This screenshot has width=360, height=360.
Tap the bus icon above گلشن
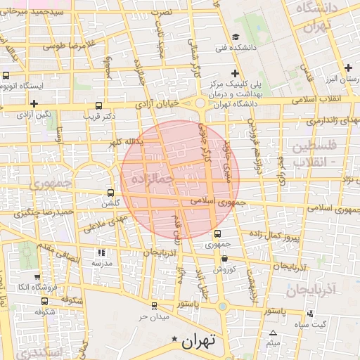point(110,193)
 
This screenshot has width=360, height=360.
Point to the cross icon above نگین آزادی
point(33,103)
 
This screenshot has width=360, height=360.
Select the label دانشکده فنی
point(211,48)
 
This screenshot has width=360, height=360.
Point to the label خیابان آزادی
point(161,103)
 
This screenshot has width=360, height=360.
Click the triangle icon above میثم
point(273,333)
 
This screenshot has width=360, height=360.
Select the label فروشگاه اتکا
point(33,286)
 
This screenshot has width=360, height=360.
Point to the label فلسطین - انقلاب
point(314,153)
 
